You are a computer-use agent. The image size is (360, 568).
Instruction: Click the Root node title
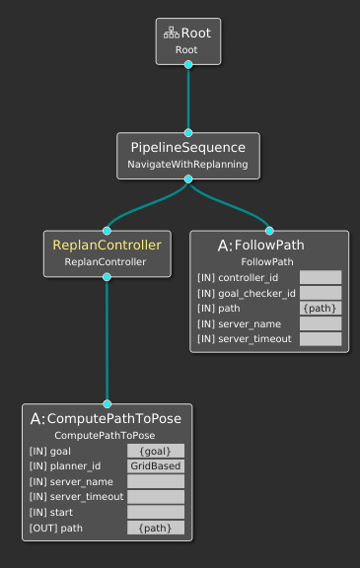[195, 33]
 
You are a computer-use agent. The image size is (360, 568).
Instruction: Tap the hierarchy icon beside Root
[171, 33]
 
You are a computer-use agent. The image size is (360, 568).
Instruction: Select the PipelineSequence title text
[187, 146]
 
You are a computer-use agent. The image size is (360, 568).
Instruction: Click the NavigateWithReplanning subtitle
[187, 164]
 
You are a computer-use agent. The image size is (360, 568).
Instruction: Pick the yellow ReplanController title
[107, 244]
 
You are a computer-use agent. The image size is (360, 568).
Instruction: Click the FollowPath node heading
[268, 245]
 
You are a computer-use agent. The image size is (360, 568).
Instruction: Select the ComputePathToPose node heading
[108, 418]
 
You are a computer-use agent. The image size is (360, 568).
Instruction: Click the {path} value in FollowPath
[321, 309]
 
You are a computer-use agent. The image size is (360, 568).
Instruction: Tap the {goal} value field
[155, 451]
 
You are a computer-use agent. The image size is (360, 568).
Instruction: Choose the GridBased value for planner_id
[155, 466]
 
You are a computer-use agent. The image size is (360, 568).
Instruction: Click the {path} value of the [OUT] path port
[155, 528]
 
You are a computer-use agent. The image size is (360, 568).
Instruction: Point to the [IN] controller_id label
[238, 278]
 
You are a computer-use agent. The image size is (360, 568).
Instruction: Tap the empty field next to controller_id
[321, 278]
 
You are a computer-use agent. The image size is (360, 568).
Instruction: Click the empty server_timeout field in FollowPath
[321, 339]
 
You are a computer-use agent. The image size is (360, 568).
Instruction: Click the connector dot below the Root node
[187, 64]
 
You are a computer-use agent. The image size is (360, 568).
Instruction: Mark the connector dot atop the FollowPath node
[268, 231]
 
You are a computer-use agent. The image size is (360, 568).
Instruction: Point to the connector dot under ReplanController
[107, 277]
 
